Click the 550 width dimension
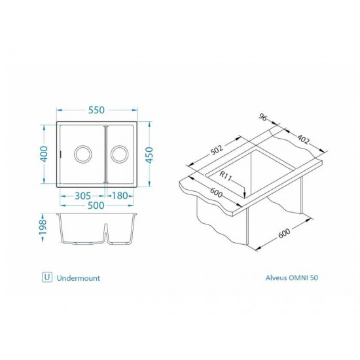coord(98,111)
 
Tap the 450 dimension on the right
coord(149,154)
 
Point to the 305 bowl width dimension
coord(82,196)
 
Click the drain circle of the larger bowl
coord(83,154)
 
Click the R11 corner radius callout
coord(226,175)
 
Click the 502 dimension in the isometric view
coord(216,150)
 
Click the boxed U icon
coord(46,277)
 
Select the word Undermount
coord(78,278)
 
